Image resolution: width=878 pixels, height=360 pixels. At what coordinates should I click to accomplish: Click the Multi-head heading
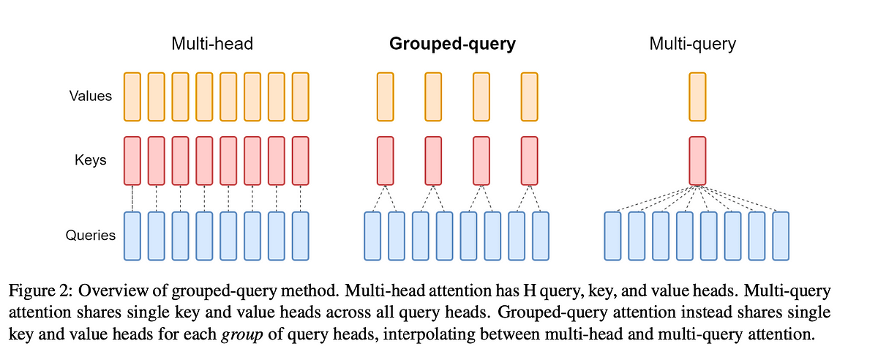pos(212,44)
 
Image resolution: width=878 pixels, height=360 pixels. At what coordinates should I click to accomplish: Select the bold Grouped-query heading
pos(452,44)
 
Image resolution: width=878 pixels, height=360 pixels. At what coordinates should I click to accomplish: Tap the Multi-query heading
pos(692,44)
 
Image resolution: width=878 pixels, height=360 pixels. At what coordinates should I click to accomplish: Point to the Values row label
pos(91,96)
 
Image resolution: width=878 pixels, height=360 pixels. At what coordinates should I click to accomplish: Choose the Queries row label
pos(91,236)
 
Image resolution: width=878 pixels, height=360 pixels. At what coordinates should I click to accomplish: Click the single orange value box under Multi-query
pos(698,96)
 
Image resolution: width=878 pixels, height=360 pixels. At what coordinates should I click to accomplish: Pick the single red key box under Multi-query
pos(698,160)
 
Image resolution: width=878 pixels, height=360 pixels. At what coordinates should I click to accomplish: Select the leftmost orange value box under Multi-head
pos(132,96)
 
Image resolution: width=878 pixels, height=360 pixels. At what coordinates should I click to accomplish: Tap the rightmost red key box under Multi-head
pos(300,160)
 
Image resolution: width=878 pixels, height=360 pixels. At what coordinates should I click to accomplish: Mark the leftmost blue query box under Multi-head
pos(132,236)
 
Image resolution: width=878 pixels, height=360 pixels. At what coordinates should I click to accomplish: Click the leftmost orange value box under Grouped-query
pos(386,96)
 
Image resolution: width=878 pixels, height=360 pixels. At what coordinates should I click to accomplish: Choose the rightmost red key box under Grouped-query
pos(530,160)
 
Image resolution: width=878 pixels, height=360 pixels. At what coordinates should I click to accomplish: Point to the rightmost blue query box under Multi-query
pos(781,236)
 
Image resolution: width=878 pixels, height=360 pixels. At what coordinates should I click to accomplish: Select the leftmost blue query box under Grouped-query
pos(373,236)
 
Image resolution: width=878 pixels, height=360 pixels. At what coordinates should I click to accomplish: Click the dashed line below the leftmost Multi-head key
pos(132,198)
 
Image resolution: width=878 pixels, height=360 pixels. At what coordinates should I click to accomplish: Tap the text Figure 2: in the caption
pos(40,291)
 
